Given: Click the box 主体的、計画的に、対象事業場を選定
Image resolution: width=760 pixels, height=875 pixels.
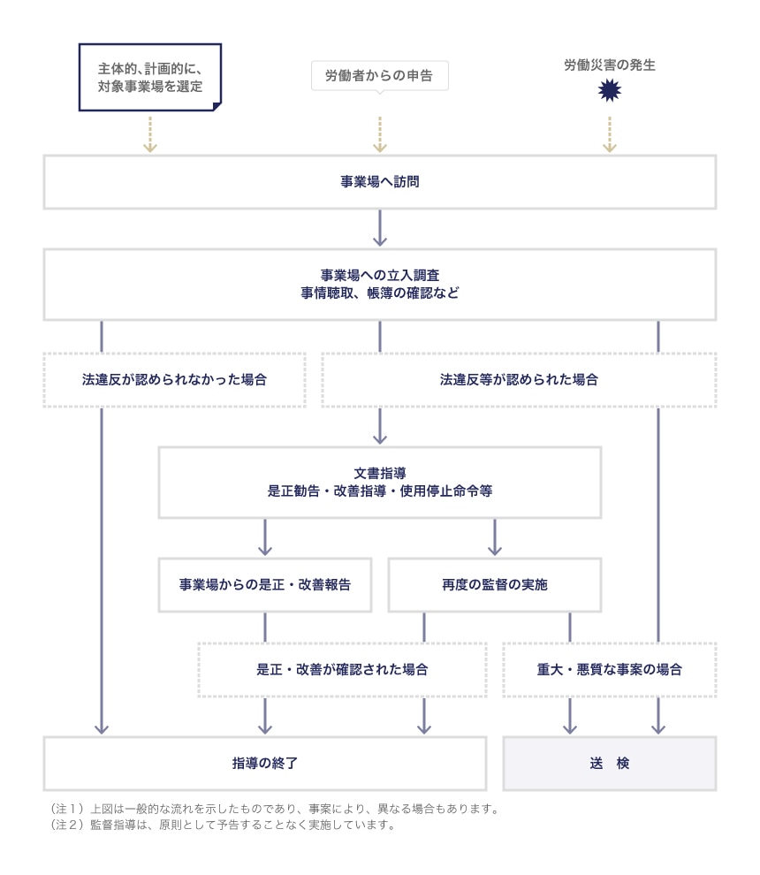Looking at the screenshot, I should [149, 77].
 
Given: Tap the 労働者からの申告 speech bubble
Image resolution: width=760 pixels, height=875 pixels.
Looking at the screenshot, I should [379, 76].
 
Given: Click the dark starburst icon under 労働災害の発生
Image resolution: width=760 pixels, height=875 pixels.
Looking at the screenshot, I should [609, 89].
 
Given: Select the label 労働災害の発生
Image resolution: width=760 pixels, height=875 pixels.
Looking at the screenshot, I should [609, 65].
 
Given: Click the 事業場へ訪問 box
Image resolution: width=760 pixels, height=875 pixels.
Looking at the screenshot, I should [379, 183].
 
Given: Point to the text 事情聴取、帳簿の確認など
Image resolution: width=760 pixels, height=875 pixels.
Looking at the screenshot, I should [379, 293].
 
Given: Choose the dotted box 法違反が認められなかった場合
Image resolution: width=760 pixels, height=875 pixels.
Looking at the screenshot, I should [174, 380].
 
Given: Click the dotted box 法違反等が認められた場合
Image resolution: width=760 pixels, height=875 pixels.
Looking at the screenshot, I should [519, 380].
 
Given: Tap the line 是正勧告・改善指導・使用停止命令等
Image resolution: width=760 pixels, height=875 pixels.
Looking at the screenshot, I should [379, 491].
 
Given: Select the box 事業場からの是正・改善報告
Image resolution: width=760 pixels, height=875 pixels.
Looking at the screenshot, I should [264, 585].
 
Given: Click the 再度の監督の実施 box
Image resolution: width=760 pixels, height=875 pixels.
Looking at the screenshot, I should [494, 585].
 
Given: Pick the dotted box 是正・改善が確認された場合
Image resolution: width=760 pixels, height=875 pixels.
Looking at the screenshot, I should [342, 670].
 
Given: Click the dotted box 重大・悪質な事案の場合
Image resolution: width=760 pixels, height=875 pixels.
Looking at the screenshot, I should [609, 670].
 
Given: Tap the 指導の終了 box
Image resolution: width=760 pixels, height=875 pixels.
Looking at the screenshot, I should [264, 763].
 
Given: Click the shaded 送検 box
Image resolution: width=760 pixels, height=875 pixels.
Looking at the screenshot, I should [609, 763].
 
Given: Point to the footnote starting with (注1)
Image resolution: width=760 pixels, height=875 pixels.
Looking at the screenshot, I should [275, 809].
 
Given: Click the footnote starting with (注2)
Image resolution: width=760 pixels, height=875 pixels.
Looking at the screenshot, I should [222, 826].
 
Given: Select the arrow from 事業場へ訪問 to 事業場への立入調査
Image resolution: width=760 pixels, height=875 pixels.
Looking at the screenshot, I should [380, 228].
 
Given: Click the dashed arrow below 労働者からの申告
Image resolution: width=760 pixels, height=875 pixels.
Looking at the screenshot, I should [380, 133].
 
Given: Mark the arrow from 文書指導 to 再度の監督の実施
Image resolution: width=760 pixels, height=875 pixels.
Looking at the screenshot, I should [494, 536].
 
